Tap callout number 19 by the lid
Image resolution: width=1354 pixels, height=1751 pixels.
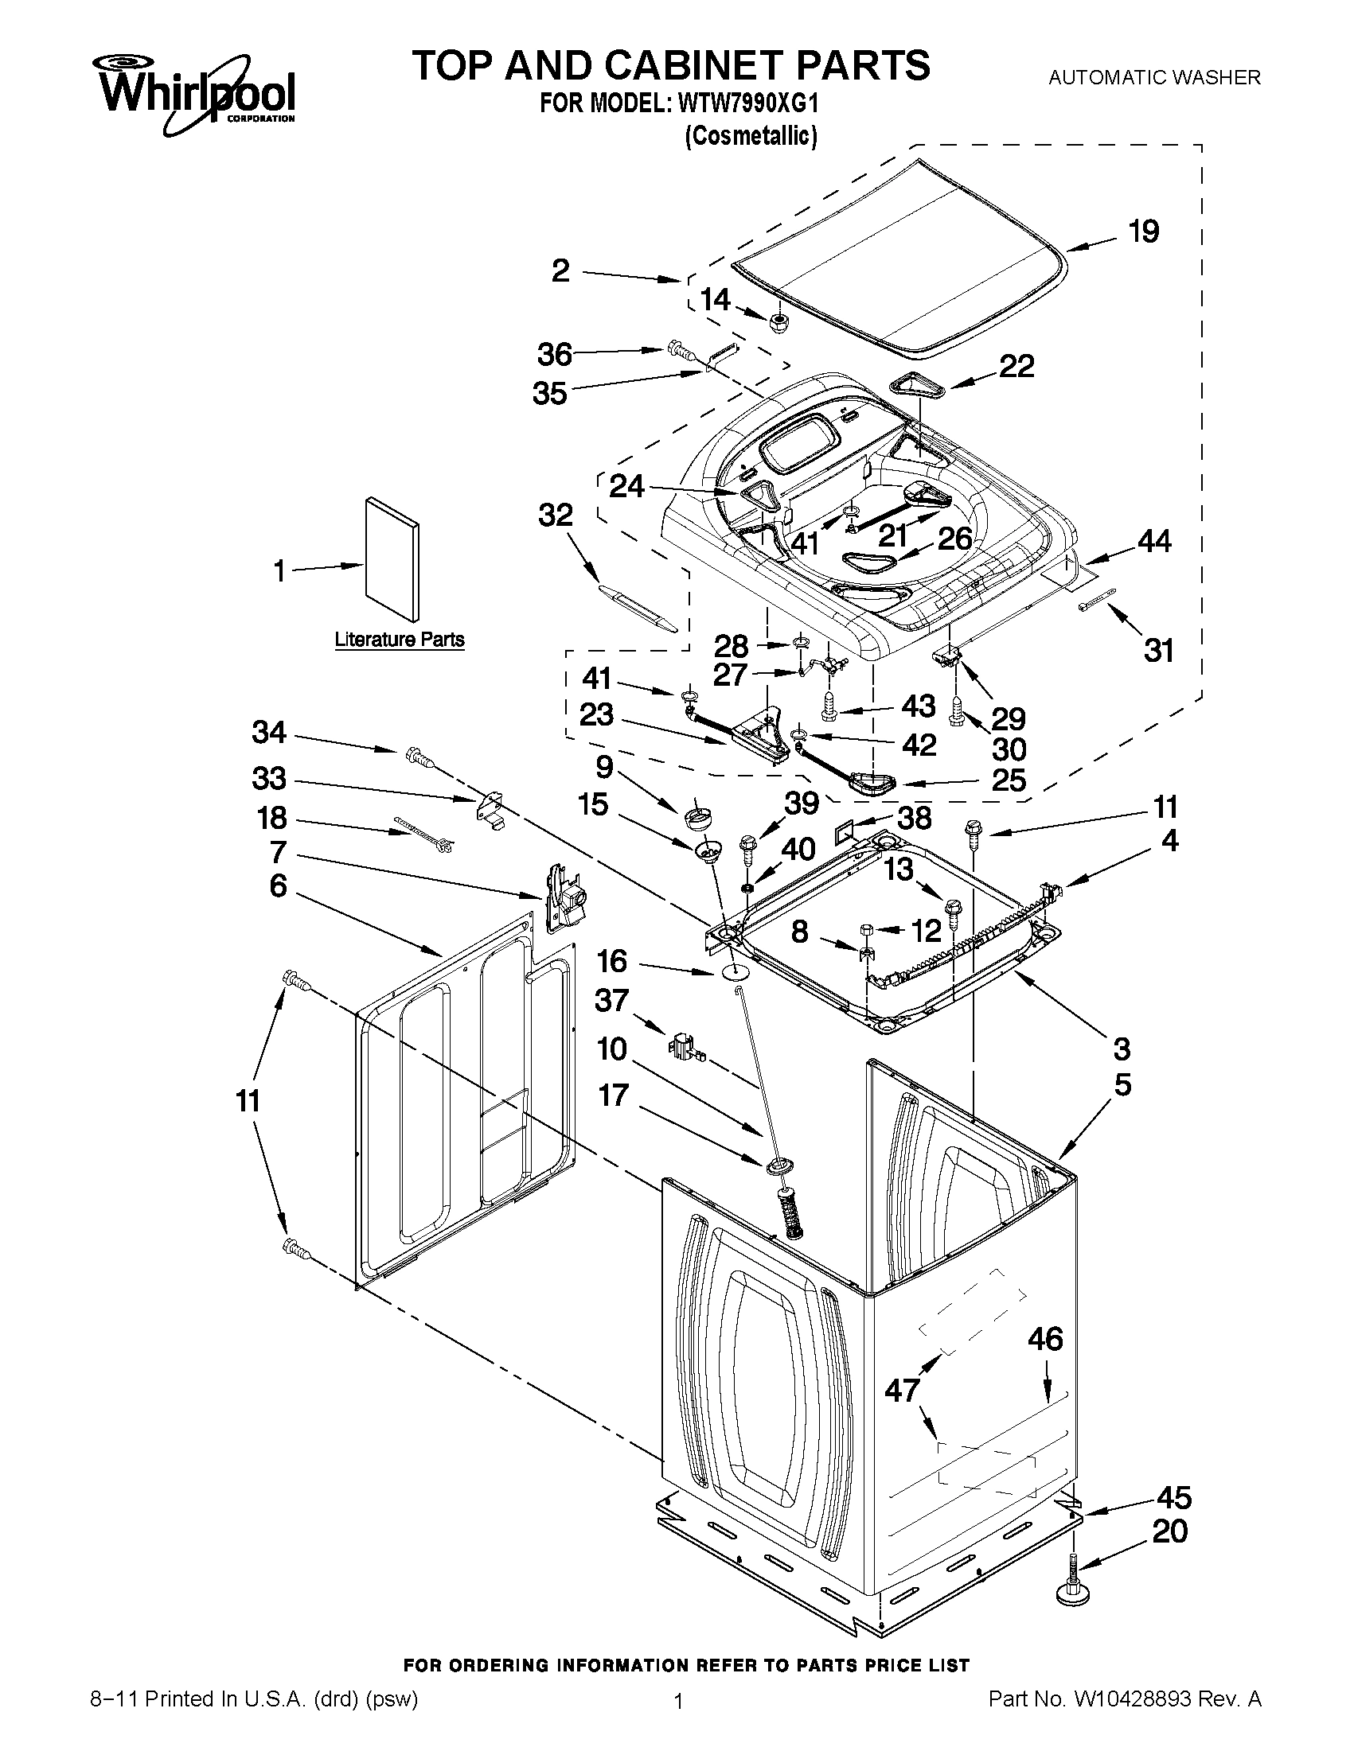pyautogui.click(x=1143, y=232)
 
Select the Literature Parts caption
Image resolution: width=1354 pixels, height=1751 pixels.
pyautogui.click(x=399, y=640)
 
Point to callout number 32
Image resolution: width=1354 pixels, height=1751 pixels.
pyautogui.click(x=555, y=516)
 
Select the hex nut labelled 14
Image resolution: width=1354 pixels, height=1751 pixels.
pyautogui.click(x=776, y=322)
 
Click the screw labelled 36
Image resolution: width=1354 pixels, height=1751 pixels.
pyautogui.click(x=678, y=349)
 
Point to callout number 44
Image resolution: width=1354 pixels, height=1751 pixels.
pyautogui.click(x=1153, y=541)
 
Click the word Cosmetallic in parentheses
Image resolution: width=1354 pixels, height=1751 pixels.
pyautogui.click(x=751, y=136)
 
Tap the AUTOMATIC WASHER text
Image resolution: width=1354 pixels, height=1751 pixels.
pyautogui.click(x=1154, y=78)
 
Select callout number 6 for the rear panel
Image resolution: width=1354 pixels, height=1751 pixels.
pyautogui.click(x=278, y=886)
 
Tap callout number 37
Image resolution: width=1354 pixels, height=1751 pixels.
pyautogui.click(x=611, y=1001)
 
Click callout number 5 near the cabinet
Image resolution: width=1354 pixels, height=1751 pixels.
pyautogui.click(x=1122, y=1085)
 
